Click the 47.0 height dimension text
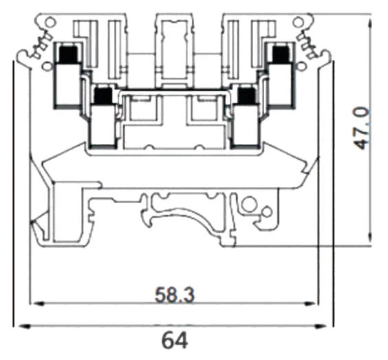[363, 127]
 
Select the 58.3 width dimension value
[173, 295]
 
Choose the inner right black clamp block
[245, 96]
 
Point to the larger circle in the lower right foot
[249, 204]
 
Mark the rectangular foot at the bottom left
[69, 213]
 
